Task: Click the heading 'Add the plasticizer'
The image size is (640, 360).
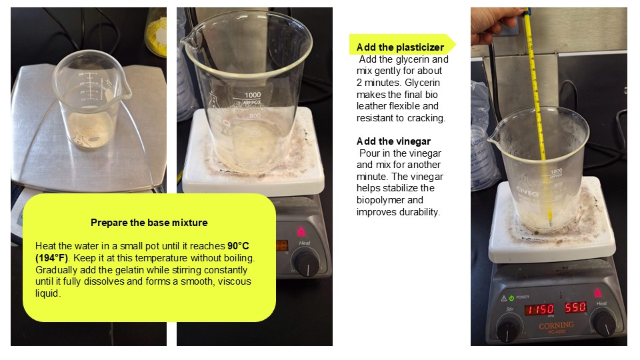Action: pyautogui.click(x=400, y=47)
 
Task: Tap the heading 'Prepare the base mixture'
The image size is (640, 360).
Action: pyautogui.click(x=149, y=223)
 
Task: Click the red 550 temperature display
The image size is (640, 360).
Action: pyautogui.click(x=575, y=308)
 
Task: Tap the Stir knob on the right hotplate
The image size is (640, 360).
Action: pyautogui.click(x=509, y=327)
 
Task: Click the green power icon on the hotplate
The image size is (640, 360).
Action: pyautogui.click(x=511, y=298)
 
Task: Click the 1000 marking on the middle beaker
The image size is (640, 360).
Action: pyautogui.click(x=253, y=95)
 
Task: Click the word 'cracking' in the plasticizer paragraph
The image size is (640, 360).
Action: pyautogui.click(x=426, y=118)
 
